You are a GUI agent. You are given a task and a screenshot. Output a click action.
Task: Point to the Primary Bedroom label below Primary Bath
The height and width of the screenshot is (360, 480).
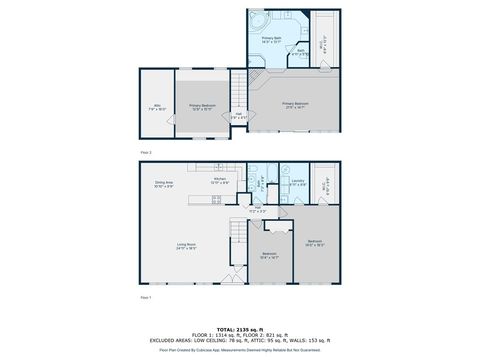pos(294,104)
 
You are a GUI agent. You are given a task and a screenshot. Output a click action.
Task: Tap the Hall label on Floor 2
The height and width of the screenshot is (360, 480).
pos(238,116)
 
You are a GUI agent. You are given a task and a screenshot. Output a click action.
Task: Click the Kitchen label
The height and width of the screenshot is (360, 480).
pos(220,181)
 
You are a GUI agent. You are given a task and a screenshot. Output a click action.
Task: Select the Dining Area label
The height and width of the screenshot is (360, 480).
pos(164,185)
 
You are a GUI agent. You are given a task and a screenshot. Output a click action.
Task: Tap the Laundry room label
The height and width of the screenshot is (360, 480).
pos(298,182)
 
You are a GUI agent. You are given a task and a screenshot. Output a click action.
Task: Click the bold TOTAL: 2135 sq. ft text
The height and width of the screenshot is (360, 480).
pos(240,328)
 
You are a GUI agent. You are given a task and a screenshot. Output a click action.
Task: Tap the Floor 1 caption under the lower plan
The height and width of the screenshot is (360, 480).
pos(146,297)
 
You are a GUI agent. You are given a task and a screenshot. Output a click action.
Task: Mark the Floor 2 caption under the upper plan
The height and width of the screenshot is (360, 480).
pos(146,152)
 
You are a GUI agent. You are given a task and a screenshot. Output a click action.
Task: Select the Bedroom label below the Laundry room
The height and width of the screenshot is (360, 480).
pos(314,243)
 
